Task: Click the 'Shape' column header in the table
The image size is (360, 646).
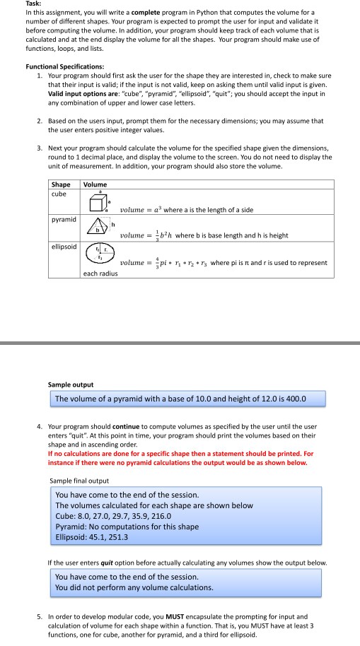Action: [x=61, y=185]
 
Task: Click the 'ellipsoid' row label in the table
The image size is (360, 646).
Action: [x=64, y=248]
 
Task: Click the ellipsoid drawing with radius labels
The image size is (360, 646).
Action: [x=98, y=256]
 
